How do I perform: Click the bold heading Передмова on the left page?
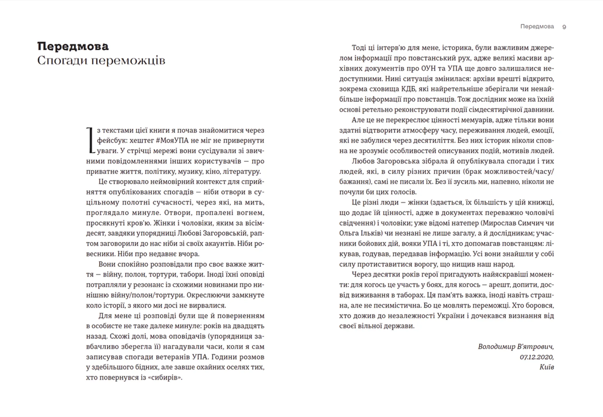point(73,46)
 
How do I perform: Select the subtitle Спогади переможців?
point(101,60)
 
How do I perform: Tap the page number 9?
point(564,27)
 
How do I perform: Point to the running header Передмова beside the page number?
point(537,27)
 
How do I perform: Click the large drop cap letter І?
point(90,141)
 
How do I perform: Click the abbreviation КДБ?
point(409,89)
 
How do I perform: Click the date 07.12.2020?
point(536,357)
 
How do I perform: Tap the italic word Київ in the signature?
point(546,367)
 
